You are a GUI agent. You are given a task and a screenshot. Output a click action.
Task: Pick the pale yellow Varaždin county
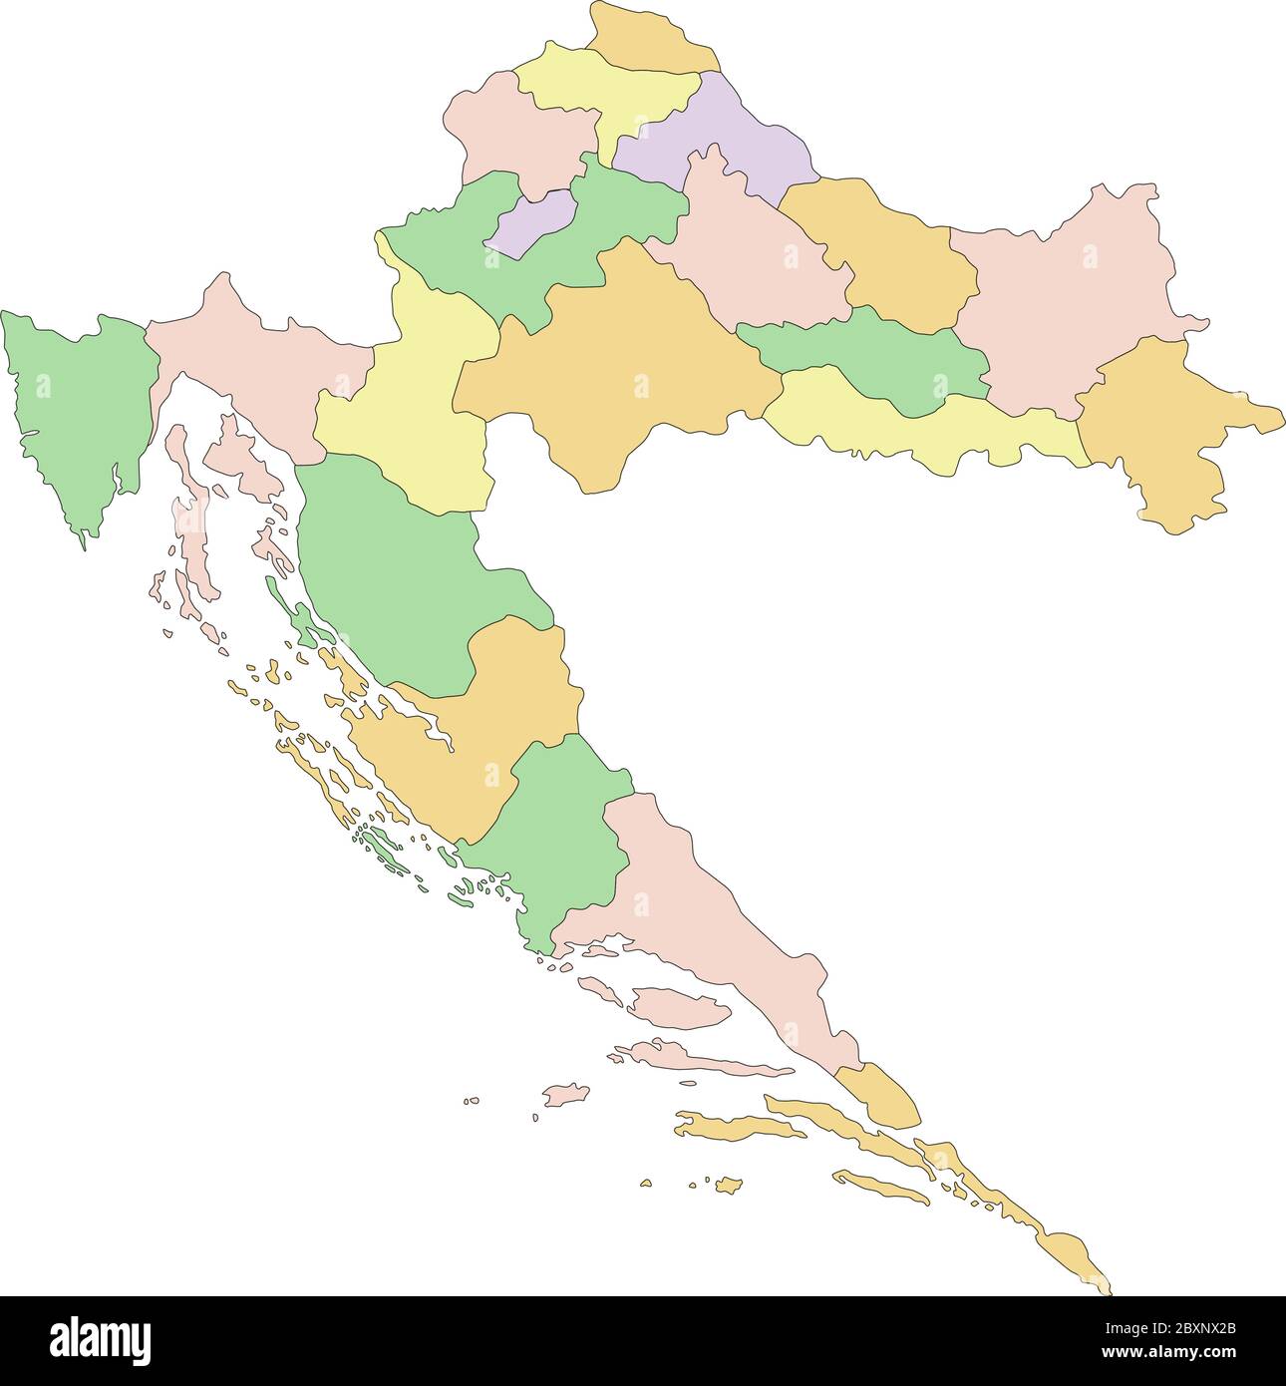[608, 90]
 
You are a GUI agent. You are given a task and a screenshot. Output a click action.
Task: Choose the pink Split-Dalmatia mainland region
[698, 917]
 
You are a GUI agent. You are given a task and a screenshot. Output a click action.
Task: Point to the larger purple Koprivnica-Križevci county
[728, 140]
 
